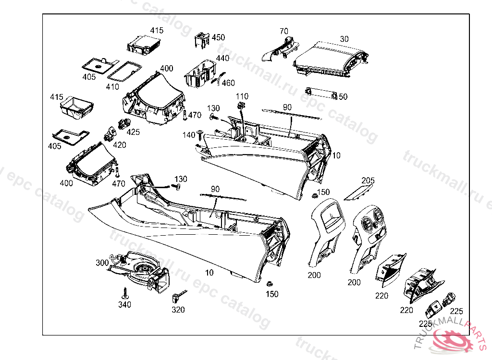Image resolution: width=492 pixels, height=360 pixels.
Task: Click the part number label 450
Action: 218,37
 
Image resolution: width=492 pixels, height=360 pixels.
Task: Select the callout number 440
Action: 222,58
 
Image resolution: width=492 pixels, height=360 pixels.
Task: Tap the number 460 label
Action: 228,83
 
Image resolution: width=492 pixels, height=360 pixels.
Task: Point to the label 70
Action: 284,32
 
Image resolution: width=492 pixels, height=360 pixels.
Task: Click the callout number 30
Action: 344,38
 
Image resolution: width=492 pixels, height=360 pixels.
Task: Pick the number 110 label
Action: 242,96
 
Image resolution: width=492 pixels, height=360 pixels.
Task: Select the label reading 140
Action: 189,135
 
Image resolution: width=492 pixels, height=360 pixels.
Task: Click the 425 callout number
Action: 133,132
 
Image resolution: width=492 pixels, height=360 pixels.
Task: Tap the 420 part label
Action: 120,144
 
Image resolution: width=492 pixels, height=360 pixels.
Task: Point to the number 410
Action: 112,87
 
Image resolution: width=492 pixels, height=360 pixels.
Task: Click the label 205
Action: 368,180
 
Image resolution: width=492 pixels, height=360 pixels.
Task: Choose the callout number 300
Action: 102,263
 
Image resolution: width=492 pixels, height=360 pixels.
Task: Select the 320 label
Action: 178,310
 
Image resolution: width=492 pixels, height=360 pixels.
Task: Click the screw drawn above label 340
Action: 125,293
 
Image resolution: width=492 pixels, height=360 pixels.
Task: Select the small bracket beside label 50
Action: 320,92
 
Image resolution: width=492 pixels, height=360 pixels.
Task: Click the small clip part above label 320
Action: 178,296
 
